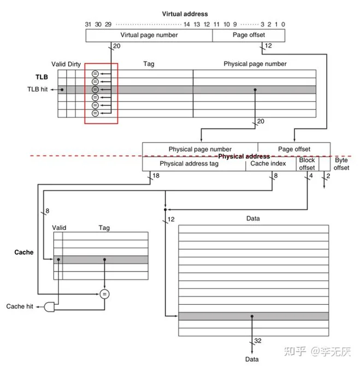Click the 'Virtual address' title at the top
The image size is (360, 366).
(x=185, y=13)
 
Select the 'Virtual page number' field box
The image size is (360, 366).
(x=149, y=35)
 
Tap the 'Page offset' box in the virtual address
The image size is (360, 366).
(x=249, y=35)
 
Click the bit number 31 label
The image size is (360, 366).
(x=88, y=25)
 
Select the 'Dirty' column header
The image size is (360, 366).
(x=75, y=64)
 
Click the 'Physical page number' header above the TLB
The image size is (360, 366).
(x=255, y=64)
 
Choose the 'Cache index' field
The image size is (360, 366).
(x=268, y=163)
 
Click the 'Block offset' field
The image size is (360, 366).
(x=306, y=164)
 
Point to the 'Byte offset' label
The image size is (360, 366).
(x=341, y=164)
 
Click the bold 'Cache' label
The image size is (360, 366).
(x=24, y=253)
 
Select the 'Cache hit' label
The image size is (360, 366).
(x=19, y=306)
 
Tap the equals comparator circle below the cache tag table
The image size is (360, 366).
(x=104, y=294)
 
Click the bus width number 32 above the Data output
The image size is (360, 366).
(x=258, y=341)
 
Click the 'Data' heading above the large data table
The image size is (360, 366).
(x=253, y=219)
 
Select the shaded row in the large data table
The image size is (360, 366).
(x=253, y=316)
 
